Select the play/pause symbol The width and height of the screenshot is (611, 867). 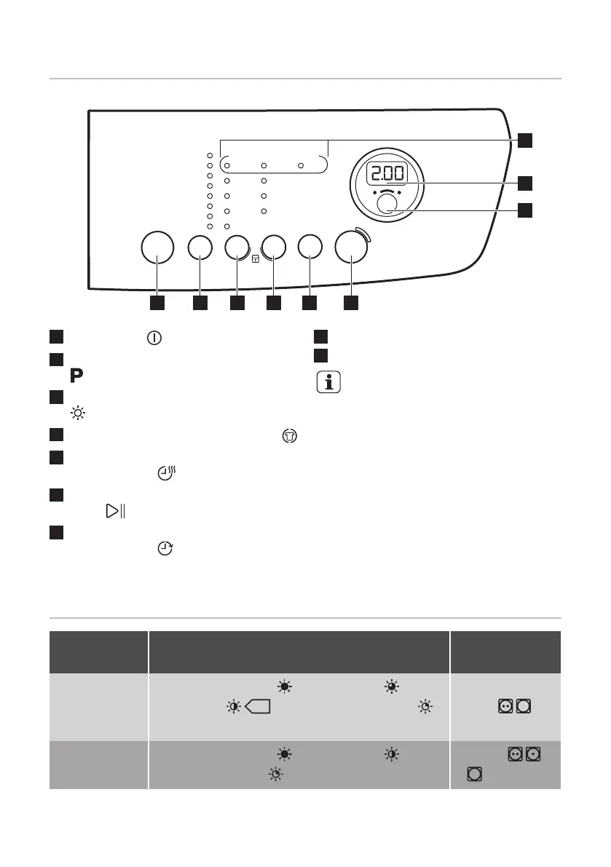(114, 511)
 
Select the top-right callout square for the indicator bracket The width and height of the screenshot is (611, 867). (526, 140)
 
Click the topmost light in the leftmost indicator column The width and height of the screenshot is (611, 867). (208, 155)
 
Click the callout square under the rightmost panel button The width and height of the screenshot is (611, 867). (351, 301)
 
